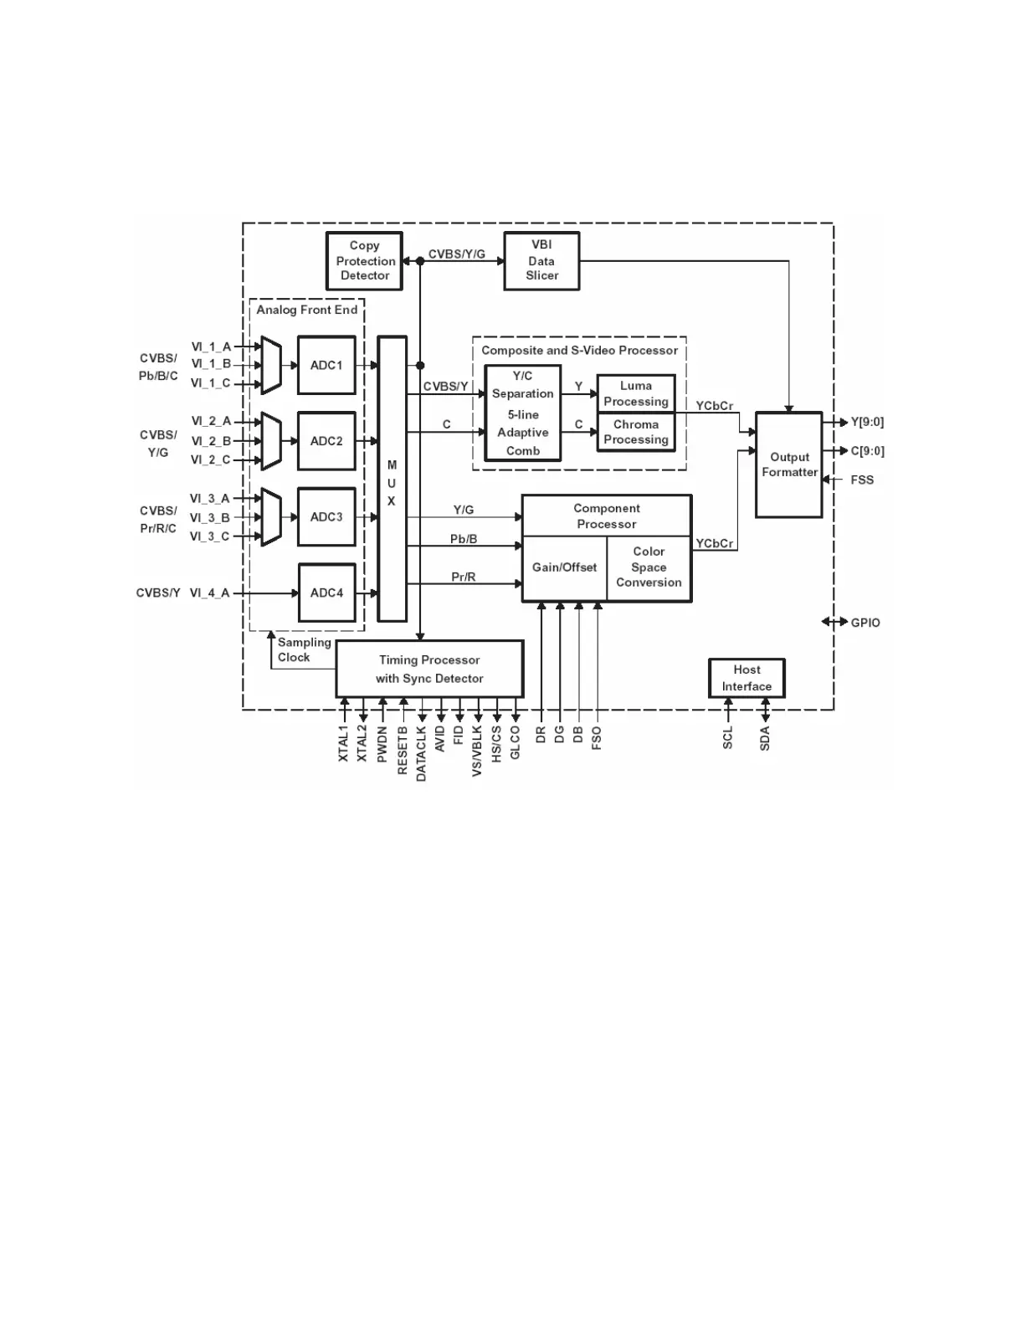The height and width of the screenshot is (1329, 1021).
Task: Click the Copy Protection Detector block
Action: point(364,261)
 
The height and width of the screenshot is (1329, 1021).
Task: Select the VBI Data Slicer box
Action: point(541,261)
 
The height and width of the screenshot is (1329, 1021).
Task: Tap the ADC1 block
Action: point(326,366)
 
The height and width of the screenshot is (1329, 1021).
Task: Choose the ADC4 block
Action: point(326,593)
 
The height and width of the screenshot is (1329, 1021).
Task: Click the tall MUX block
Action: point(392,480)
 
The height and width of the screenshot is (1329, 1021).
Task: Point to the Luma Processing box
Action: point(636,393)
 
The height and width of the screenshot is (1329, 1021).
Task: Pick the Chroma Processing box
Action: point(636,433)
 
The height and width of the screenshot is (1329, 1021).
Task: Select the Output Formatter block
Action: point(789,465)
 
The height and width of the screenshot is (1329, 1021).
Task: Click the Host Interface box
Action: point(747,679)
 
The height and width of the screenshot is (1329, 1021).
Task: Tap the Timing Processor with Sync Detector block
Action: point(429,670)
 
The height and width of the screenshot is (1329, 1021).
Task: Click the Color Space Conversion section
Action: point(649,568)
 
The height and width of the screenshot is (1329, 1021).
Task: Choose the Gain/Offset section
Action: point(564,568)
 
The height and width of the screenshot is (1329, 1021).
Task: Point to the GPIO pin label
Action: point(865,623)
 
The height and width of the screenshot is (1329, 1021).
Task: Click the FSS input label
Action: point(862,480)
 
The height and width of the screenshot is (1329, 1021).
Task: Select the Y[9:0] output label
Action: point(867,423)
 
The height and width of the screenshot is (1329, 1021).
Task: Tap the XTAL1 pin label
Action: point(344,743)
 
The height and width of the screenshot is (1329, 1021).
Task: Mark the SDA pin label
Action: point(765,739)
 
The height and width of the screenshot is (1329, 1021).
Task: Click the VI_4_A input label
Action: point(209,593)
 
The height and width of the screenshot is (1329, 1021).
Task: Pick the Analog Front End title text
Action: point(306,310)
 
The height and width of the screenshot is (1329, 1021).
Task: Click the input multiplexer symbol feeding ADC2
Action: point(271,441)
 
